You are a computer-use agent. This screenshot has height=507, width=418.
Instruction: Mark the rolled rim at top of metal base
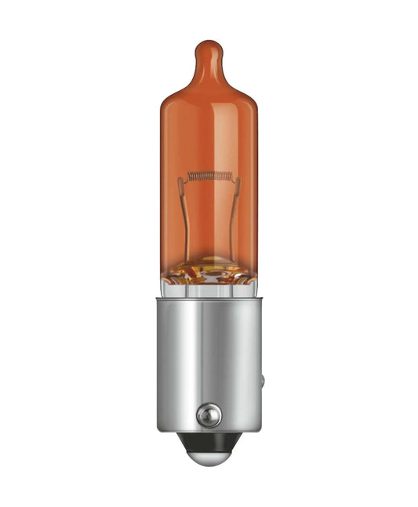point(208,300)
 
